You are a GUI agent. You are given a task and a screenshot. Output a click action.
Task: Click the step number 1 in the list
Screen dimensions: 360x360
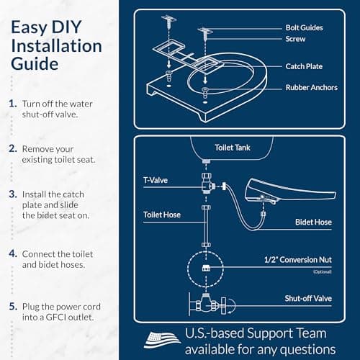pyautogui.click(x=12, y=104)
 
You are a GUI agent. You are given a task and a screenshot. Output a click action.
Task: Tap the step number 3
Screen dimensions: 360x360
pyautogui.click(x=12, y=194)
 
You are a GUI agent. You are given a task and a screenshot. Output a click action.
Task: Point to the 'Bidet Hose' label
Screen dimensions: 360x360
pyautogui.click(x=312, y=222)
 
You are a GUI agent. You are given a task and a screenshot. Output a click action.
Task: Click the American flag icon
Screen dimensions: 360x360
pyautogui.click(x=163, y=339)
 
